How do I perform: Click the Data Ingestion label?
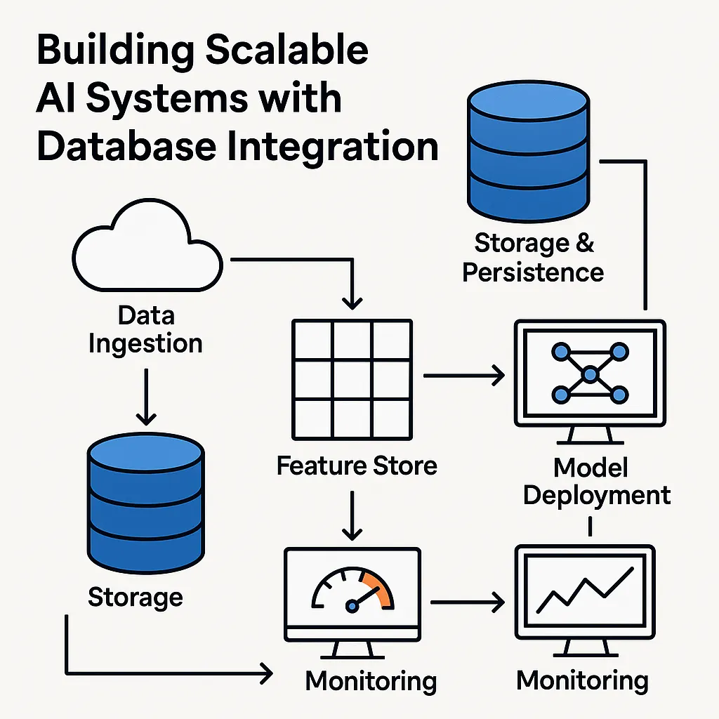click(x=145, y=329)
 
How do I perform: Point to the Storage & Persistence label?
click(x=533, y=257)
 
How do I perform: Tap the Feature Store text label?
click(x=357, y=466)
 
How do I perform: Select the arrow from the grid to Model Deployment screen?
click(x=464, y=376)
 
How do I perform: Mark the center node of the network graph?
click(x=590, y=374)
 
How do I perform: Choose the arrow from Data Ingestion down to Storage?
click(x=145, y=396)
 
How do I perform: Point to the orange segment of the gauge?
click(x=379, y=589)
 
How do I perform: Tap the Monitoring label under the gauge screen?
click(x=371, y=680)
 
